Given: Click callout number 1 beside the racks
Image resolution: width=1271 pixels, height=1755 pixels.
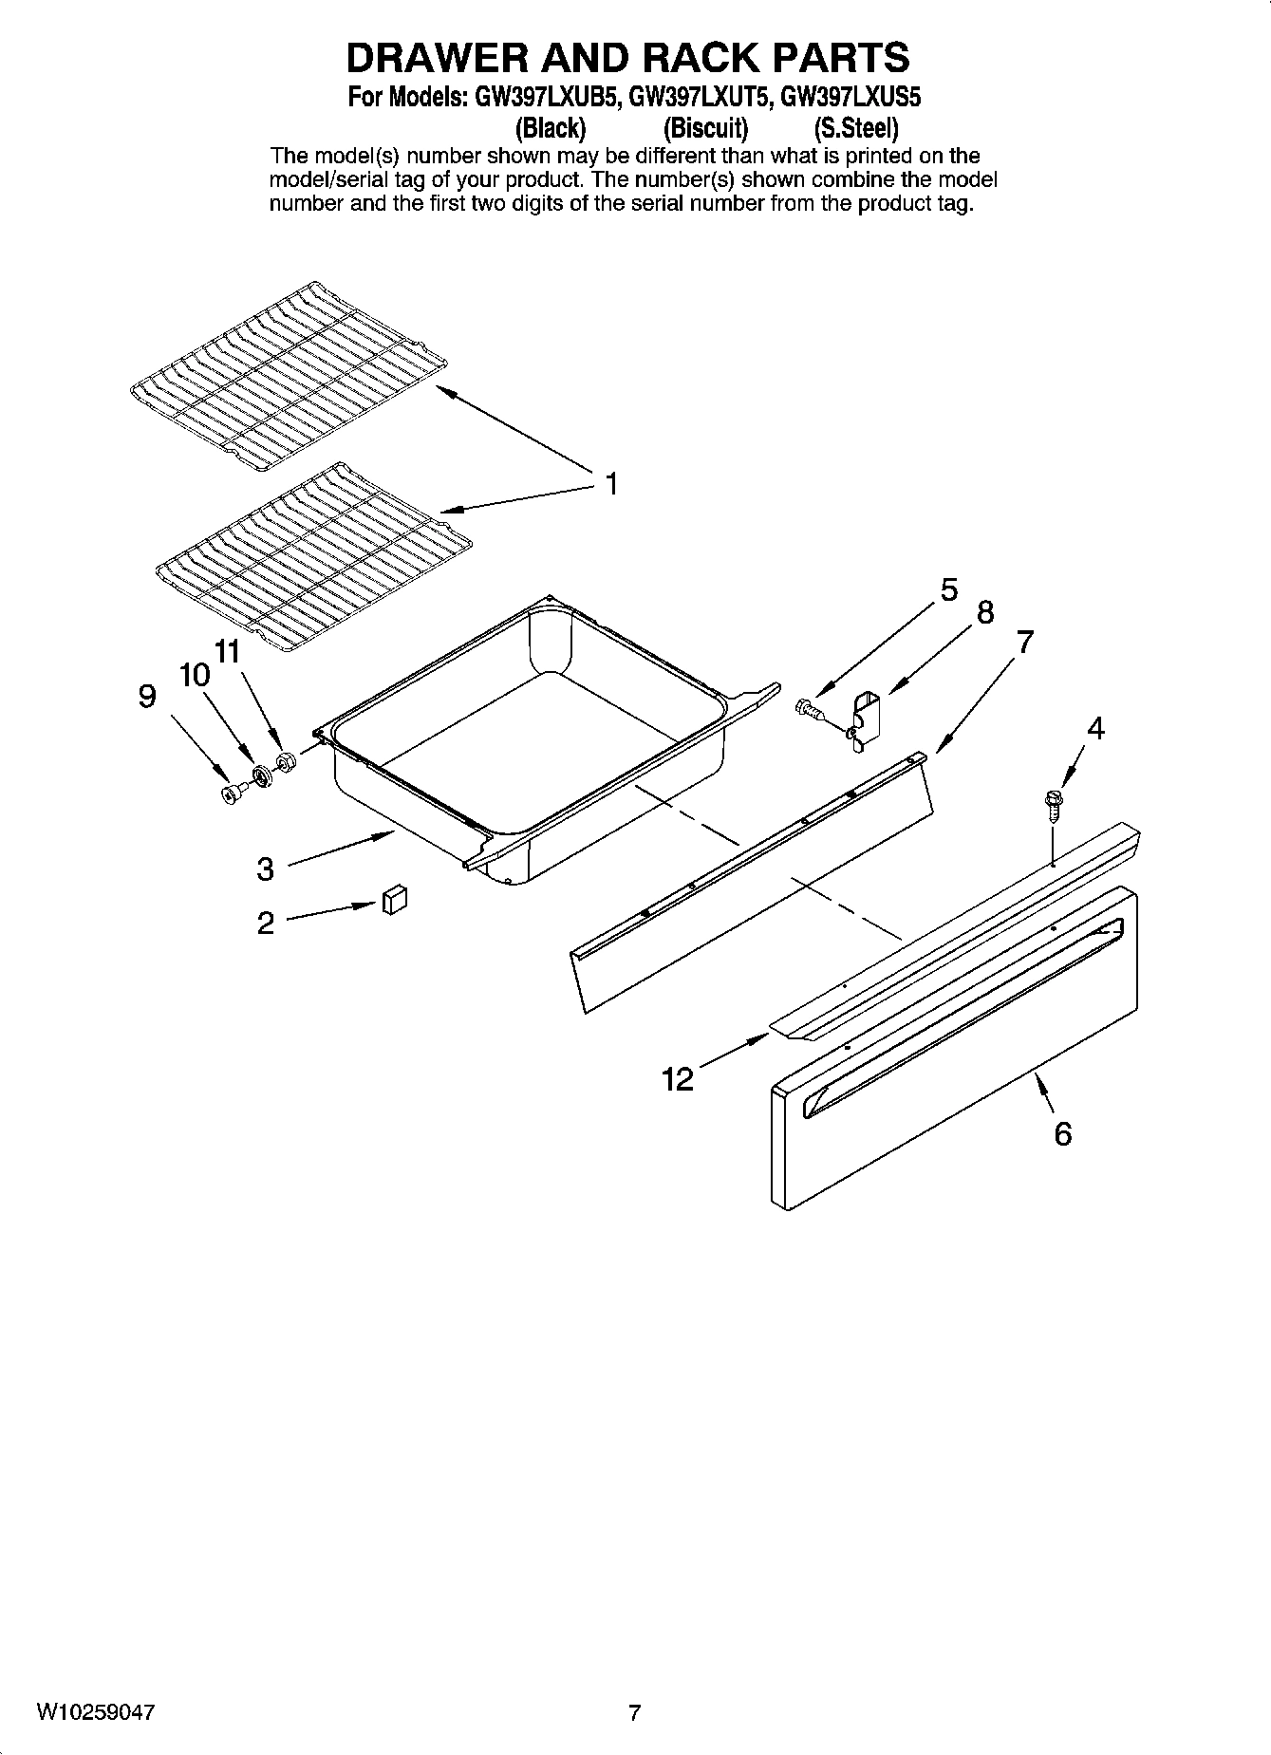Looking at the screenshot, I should (612, 485).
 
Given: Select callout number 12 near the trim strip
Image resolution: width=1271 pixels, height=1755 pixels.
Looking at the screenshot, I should (678, 1079).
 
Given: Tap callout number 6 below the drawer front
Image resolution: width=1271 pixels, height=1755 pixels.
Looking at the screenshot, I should (1062, 1133).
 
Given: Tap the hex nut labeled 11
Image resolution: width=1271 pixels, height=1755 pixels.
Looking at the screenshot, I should (284, 762).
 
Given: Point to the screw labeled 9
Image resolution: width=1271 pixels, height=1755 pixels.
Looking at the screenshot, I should (230, 793).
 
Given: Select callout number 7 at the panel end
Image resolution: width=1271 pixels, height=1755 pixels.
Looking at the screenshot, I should (1024, 643).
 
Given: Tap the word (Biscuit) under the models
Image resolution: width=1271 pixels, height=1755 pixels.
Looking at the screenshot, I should (705, 127).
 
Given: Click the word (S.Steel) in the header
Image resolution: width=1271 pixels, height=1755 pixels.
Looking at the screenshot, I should (855, 127).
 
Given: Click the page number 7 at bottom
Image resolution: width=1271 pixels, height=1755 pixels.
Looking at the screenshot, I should (634, 1713).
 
